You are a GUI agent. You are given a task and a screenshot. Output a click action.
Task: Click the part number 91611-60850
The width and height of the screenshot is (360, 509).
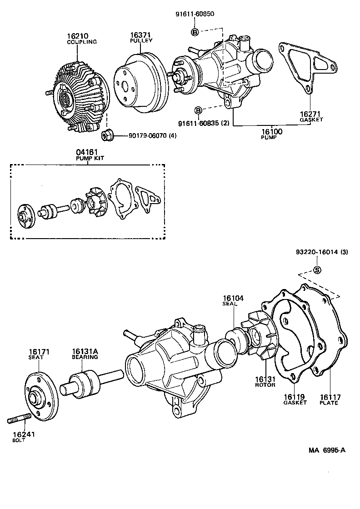(195, 14)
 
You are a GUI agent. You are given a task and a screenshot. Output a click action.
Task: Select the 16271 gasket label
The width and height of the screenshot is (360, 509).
(311, 114)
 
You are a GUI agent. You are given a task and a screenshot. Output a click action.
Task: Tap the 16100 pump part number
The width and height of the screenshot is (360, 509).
(272, 132)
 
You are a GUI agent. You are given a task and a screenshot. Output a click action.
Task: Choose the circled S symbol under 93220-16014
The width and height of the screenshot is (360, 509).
(317, 270)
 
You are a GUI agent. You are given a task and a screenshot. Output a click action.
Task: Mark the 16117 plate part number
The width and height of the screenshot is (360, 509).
(329, 397)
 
